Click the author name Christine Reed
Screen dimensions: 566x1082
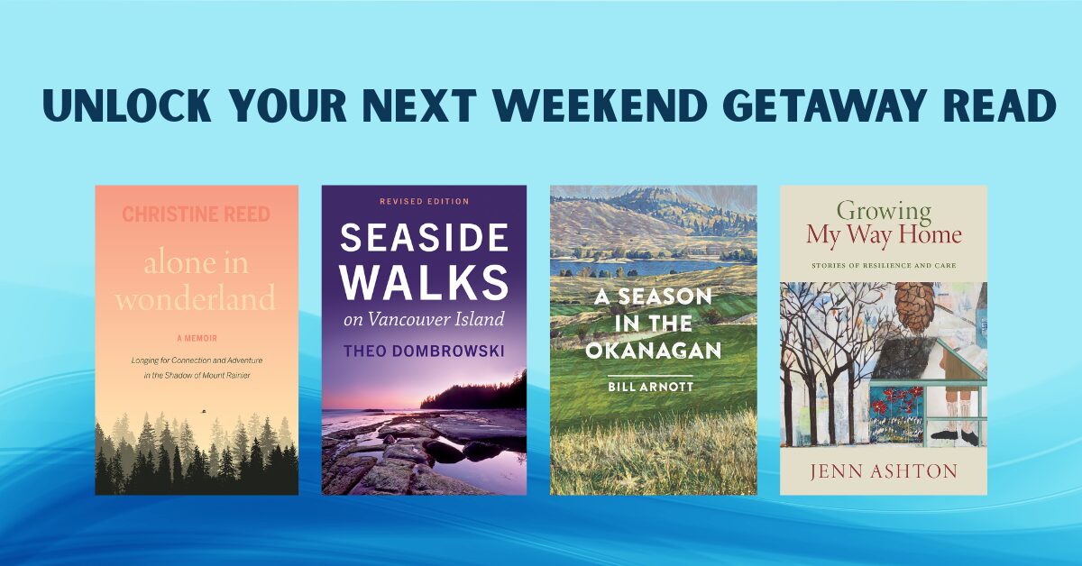point(196,215)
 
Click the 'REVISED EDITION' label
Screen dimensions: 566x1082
point(424,201)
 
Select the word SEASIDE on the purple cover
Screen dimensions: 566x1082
point(424,239)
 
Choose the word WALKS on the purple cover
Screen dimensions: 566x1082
point(424,282)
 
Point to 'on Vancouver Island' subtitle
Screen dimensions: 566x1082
point(424,319)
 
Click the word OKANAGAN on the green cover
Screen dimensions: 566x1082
point(653,351)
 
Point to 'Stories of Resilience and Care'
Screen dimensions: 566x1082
point(883,266)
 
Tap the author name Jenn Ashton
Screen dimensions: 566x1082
point(883,472)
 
